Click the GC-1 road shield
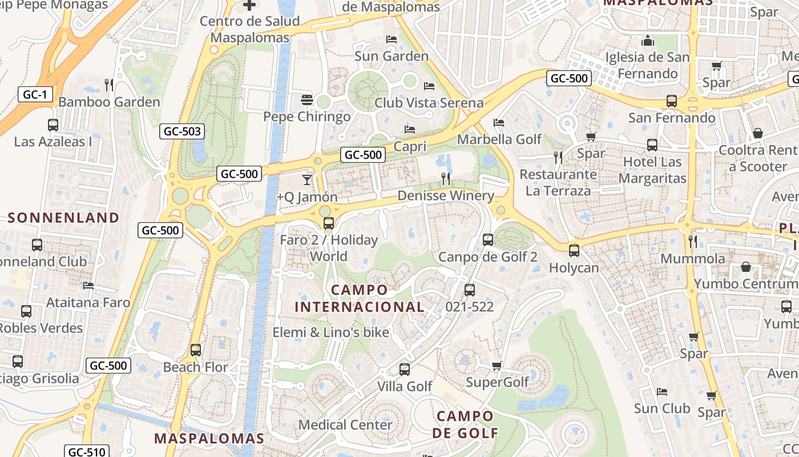pyautogui.click(x=35, y=94)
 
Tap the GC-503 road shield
pyautogui.click(x=181, y=131)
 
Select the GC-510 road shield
pyautogui.click(x=85, y=452)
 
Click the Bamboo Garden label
pyautogui.click(x=109, y=102)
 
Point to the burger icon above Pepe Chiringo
pyautogui.click(x=307, y=100)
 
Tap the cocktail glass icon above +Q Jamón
pyautogui.click(x=307, y=180)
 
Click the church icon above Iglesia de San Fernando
pyautogui.click(x=647, y=41)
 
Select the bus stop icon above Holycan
pyautogui.click(x=574, y=250)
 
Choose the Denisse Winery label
pyautogui.click(x=446, y=195)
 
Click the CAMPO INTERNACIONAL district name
pyautogui.click(x=360, y=298)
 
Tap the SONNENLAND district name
pyautogui.click(x=63, y=218)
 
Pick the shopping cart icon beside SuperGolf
pyautogui.click(x=497, y=366)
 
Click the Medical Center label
pyautogui.click(x=345, y=425)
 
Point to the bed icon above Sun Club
pyautogui.click(x=662, y=392)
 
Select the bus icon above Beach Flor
pyautogui.click(x=196, y=350)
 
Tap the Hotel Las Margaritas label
pyautogui.click(x=652, y=170)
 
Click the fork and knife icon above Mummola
pyautogui.click(x=693, y=241)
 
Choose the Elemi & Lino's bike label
pyautogui.click(x=330, y=332)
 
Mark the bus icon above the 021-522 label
pyautogui.click(x=470, y=290)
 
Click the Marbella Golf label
pyautogui.click(x=499, y=139)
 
